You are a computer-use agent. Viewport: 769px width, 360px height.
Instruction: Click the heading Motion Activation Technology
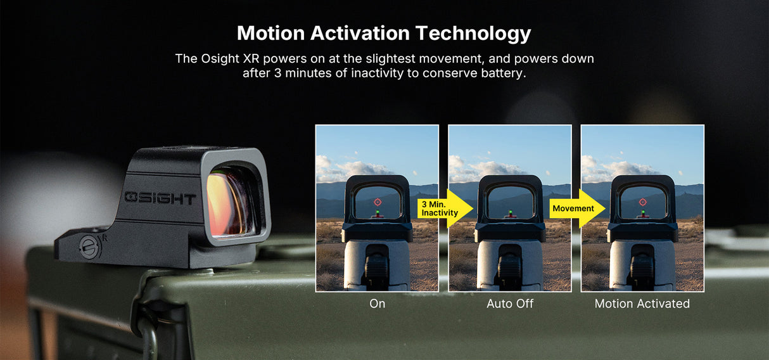click(384, 33)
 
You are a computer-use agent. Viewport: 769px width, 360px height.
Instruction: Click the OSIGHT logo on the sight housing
click(160, 198)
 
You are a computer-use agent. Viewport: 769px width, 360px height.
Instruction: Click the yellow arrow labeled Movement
click(577, 209)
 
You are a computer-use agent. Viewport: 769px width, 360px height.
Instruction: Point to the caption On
click(377, 304)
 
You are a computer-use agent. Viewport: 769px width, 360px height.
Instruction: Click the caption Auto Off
click(510, 304)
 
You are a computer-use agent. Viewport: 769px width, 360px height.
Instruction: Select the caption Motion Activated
click(642, 304)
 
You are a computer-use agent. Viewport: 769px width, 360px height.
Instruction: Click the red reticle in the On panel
click(378, 202)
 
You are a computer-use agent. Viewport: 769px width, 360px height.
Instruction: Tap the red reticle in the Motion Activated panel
click(643, 202)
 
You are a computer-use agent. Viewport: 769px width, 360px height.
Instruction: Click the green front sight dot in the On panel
click(378, 213)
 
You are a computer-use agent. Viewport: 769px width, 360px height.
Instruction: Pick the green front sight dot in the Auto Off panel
click(511, 213)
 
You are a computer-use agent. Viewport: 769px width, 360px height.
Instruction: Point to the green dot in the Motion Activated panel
click(643, 213)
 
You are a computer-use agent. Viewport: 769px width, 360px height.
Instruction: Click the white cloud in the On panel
click(361, 169)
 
